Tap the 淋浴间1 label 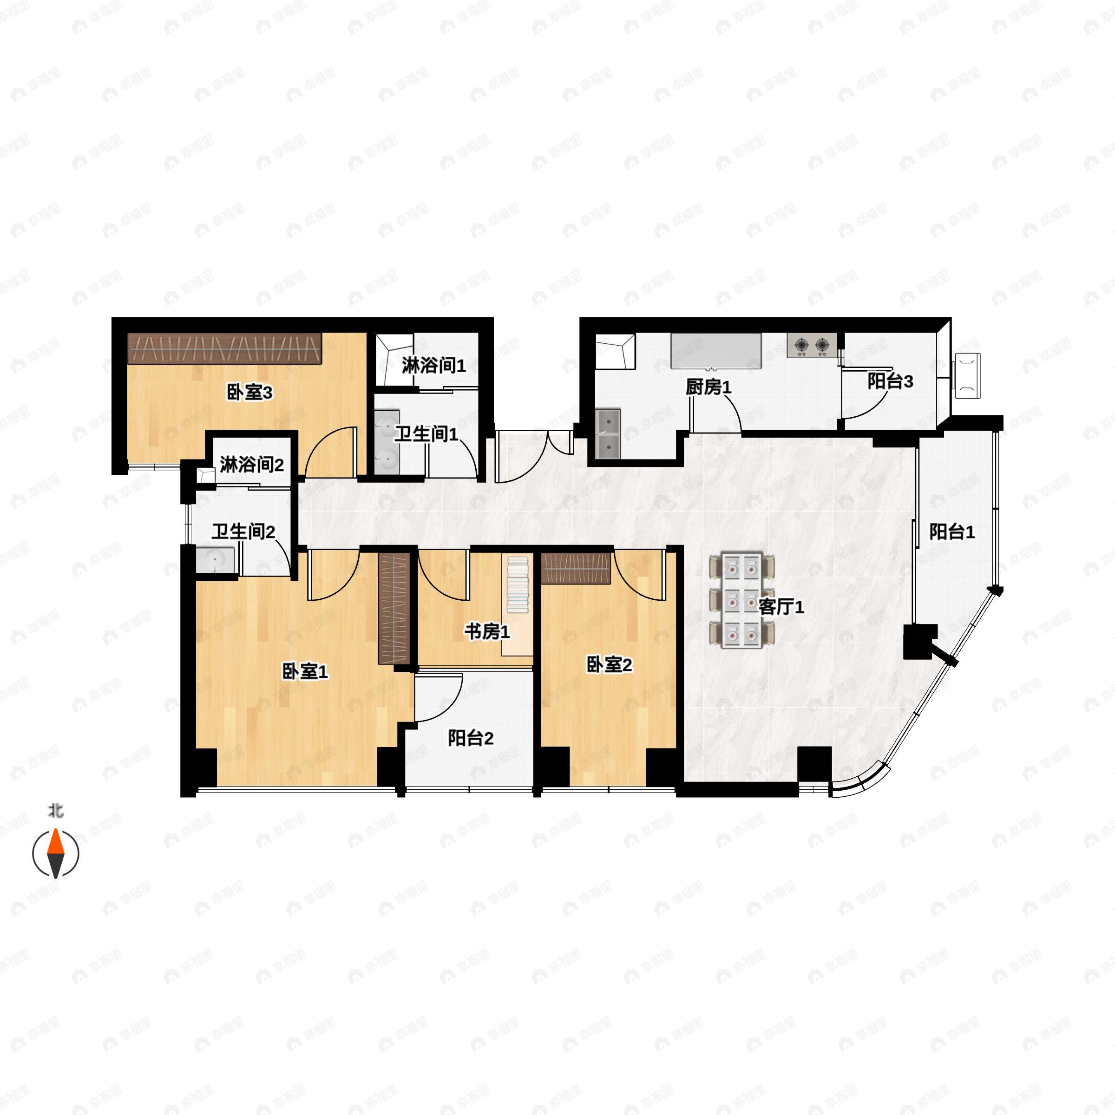434,365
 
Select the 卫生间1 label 426,434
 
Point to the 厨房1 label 708,387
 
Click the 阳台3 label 891,381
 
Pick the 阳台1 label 952,531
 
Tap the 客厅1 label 781,607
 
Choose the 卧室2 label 610,664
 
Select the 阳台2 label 471,738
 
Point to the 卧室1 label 305,671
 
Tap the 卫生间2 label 243,531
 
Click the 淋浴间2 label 252,465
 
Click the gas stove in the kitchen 812,346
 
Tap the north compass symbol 55,853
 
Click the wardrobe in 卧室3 224,348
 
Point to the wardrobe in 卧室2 576,569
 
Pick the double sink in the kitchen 608,433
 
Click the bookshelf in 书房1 517,584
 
